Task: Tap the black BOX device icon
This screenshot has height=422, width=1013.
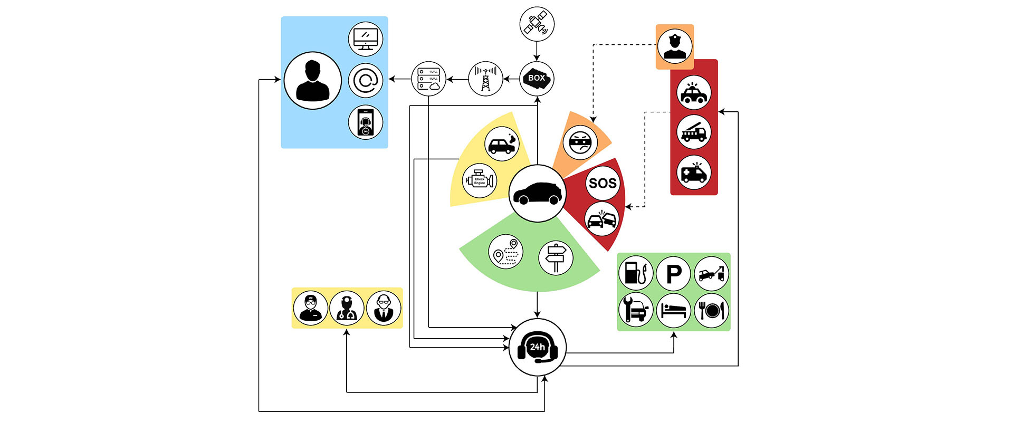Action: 537,79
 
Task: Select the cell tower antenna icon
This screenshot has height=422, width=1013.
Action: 485,79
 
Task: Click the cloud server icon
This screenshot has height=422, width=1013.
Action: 428,79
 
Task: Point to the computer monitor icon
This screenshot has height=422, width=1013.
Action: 365,39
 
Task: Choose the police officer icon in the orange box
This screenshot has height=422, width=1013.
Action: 675,46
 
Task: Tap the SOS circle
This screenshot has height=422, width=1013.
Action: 602,183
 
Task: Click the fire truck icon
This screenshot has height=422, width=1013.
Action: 694,132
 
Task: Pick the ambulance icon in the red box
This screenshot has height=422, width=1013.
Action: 694,172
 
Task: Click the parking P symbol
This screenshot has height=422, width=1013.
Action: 674,273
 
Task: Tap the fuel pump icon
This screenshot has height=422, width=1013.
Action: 636,273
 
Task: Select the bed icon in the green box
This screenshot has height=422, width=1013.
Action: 674,310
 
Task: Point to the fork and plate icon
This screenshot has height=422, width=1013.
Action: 711,310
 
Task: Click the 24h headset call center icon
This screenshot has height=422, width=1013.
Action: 537,348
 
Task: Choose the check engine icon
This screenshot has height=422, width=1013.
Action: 479,181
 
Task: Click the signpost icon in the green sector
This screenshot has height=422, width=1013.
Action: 556,258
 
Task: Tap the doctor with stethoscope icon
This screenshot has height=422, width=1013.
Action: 347,308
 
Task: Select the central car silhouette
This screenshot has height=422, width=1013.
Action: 537,193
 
